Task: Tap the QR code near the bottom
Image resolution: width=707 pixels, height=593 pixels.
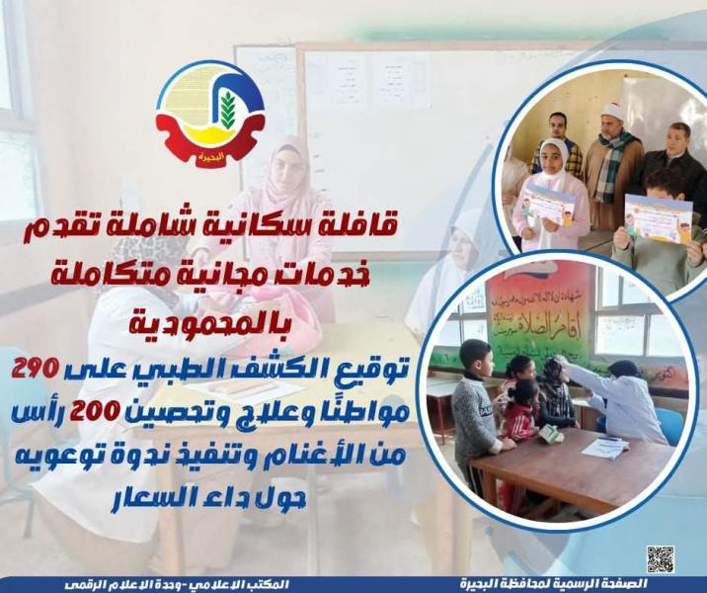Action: (x=660, y=558)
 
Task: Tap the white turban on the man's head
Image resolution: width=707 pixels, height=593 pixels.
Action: (x=614, y=111)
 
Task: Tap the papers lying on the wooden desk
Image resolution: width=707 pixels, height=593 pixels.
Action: (x=604, y=448)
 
